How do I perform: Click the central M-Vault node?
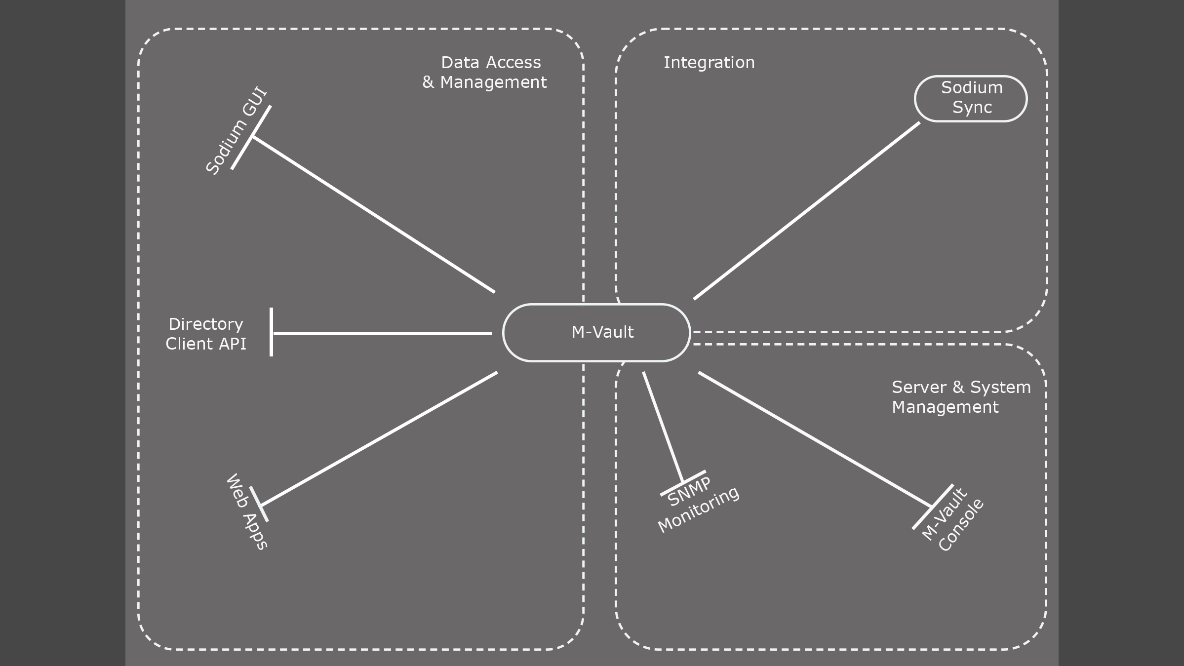pyautogui.click(x=596, y=332)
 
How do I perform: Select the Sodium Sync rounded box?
pyautogui.click(x=971, y=98)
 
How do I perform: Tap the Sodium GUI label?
pyautogui.click(x=236, y=131)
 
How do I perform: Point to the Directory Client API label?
pyautogui.click(x=206, y=334)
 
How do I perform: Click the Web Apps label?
pyautogui.click(x=246, y=511)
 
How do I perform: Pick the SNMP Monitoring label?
pyautogui.click(x=697, y=505)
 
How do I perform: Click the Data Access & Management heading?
pyautogui.click(x=485, y=72)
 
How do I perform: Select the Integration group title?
pyautogui.click(x=709, y=63)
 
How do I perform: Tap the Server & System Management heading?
pyautogui.click(x=961, y=397)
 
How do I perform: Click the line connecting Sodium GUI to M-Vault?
pyautogui.click(x=374, y=214)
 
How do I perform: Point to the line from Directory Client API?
pyautogui.click(x=383, y=333)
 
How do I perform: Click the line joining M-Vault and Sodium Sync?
pyautogui.click(x=807, y=211)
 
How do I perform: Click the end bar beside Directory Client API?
pyautogui.click(x=271, y=332)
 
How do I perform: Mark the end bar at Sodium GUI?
pyautogui.click(x=251, y=137)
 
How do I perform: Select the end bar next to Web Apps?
pyautogui.click(x=259, y=504)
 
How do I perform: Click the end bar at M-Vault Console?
pyautogui.click(x=933, y=507)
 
